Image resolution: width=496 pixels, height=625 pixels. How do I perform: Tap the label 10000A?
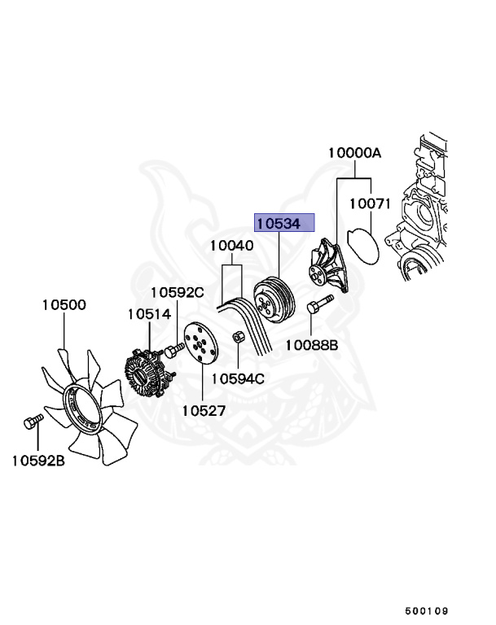pyautogui.click(x=355, y=153)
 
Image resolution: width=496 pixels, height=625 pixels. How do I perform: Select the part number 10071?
pyautogui.click(x=371, y=204)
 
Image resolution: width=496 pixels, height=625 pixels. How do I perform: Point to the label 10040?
pyautogui.click(x=231, y=245)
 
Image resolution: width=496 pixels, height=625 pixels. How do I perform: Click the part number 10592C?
pyautogui.click(x=177, y=292)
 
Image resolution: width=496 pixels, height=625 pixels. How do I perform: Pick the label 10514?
pyautogui.click(x=148, y=313)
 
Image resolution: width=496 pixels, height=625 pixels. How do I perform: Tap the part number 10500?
pyautogui.click(x=64, y=305)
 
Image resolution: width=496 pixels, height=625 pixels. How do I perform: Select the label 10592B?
pyautogui.click(x=37, y=461)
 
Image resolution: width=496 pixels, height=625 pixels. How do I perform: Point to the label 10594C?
pyautogui.click(x=238, y=378)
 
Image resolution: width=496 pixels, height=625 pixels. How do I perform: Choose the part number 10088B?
pyautogui.click(x=310, y=345)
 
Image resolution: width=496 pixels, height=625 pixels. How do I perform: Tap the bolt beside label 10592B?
pyautogui.click(x=31, y=422)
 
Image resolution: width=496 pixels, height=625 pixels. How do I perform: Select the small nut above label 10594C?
pyautogui.click(x=239, y=337)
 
